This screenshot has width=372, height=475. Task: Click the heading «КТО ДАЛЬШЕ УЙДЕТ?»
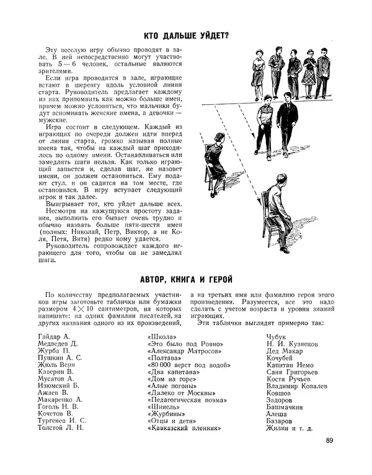(x=186, y=35)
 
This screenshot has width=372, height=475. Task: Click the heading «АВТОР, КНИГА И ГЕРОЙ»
(x=186, y=279)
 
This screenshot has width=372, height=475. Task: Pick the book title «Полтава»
(x=165, y=358)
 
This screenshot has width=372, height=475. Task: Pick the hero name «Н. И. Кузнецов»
(x=290, y=344)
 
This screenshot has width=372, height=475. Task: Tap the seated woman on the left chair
(x=216, y=162)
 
